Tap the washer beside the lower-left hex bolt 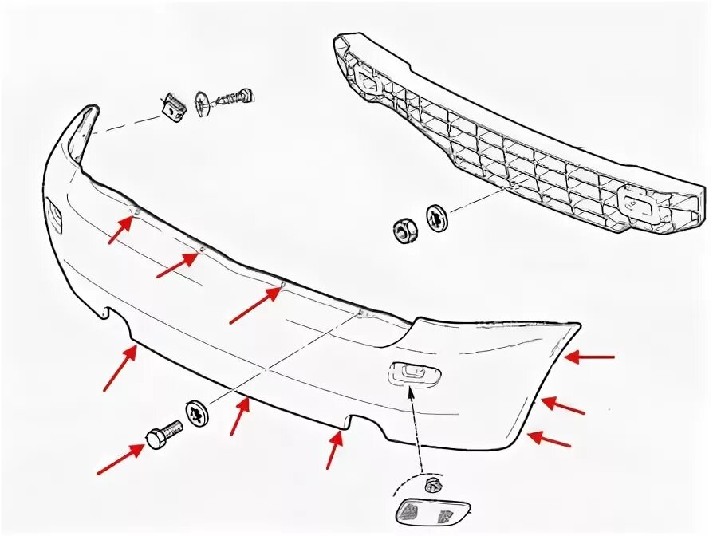pos(196,412)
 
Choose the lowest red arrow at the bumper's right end pos(549,439)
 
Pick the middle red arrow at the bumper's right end pos(562,407)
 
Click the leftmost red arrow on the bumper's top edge pos(120,229)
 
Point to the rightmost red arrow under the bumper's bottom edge pos(334,449)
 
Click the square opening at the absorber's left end pos(368,82)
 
